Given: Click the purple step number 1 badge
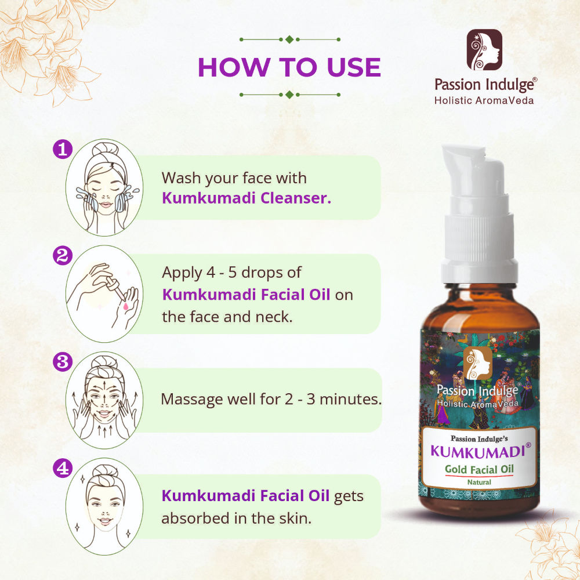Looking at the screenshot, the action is [x=63, y=150].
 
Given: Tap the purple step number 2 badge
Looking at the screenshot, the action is [x=63, y=256].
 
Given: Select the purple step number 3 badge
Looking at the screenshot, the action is [x=63, y=362].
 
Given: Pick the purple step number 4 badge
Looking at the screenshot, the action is [x=63, y=468].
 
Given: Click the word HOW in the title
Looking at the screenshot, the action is [x=234, y=67].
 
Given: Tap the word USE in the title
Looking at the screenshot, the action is [x=354, y=67].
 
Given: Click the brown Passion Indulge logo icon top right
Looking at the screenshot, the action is [x=484, y=49].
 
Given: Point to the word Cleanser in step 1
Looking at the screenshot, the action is [x=296, y=198].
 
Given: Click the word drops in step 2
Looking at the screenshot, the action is [x=262, y=273].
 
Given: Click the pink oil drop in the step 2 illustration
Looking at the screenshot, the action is [x=125, y=306].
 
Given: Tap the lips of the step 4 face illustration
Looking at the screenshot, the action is [x=106, y=522].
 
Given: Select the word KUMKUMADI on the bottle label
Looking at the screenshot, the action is [x=478, y=452].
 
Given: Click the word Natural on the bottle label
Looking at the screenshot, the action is [x=479, y=482].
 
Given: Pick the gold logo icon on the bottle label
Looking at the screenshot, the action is [x=477, y=363].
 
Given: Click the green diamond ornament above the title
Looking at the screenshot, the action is [x=289, y=39].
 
